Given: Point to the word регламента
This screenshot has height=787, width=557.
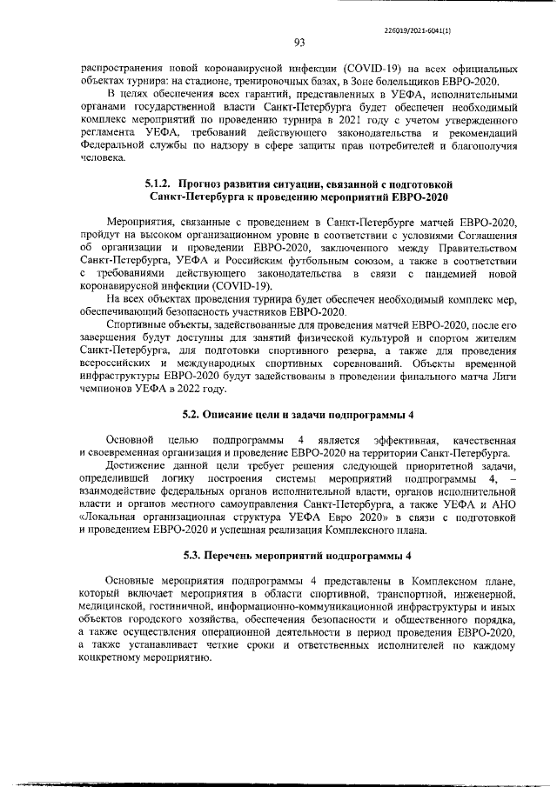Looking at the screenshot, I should (105, 131).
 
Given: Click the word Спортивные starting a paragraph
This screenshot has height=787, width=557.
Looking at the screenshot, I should (134, 324).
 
